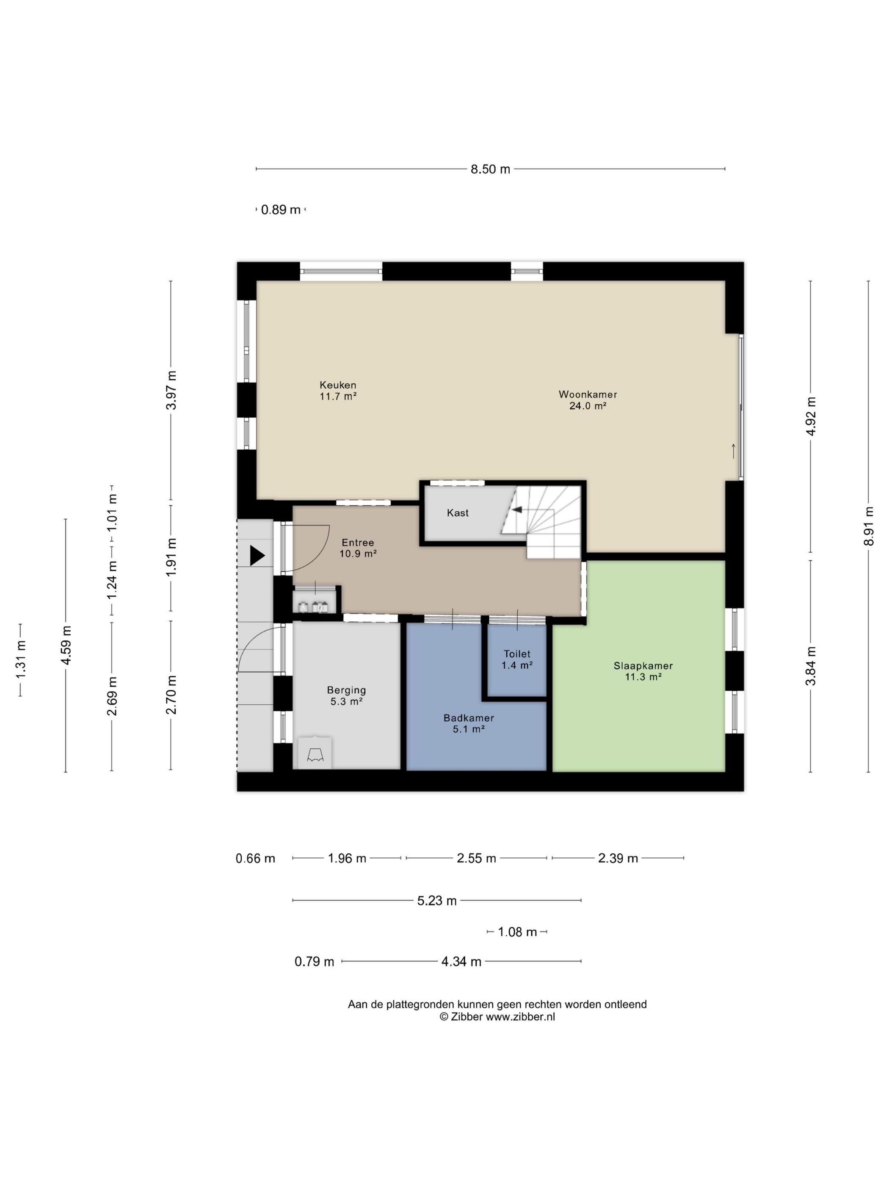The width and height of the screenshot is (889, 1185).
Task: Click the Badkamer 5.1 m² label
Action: (x=468, y=723)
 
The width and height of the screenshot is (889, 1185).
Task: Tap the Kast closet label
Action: (x=458, y=513)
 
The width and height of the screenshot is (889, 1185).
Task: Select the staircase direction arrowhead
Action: (x=518, y=509)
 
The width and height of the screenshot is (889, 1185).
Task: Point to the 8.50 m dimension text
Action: (x=490, y=169)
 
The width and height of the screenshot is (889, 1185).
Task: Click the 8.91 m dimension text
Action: (x=869, y=526)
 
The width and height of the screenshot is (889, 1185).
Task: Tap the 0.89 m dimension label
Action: (x=281, y=210)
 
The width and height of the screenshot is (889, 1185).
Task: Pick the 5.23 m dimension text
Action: (x=437, y=901)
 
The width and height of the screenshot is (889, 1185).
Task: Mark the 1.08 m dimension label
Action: (x=517, y=931)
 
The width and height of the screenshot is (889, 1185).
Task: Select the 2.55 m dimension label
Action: (x=476, y=858)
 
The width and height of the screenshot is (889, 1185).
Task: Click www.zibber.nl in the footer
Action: (x=520, y=1016)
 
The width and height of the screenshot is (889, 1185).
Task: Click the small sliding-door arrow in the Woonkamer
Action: (x=734, y=451)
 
